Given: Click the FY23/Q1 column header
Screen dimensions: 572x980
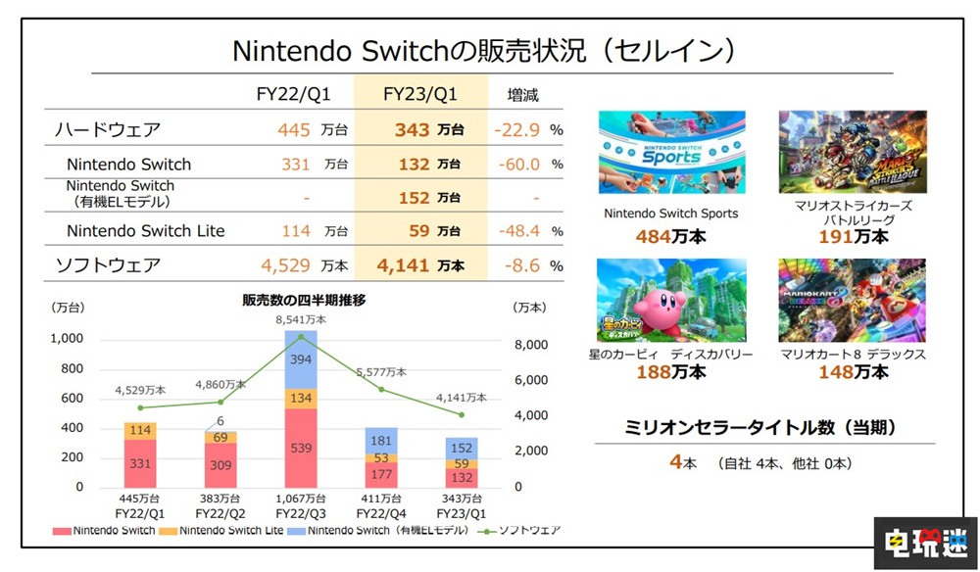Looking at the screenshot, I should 419,95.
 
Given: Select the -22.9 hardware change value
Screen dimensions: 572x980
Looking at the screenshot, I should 519,129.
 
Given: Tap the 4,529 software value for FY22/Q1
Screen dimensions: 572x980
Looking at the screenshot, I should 286,264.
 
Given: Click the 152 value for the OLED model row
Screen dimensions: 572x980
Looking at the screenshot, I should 415,198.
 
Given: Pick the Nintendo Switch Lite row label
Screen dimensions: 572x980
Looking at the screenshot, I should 145,231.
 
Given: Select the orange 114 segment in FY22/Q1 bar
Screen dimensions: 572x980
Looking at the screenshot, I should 141,430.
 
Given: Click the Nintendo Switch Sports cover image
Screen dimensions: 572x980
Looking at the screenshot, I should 671,152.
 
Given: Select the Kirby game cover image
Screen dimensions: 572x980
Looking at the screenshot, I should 671,300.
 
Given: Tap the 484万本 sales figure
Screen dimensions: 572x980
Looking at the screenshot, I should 671,236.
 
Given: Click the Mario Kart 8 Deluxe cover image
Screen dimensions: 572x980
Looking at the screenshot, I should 852,300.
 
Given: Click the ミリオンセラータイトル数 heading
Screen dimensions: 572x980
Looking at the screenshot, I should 763,427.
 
